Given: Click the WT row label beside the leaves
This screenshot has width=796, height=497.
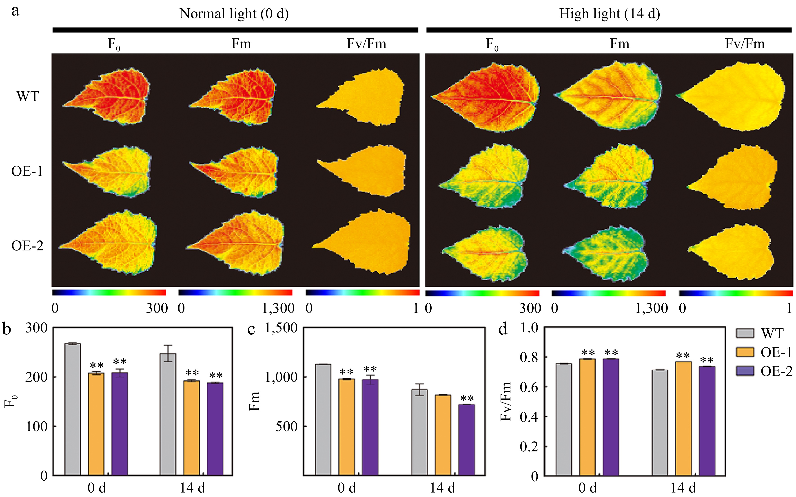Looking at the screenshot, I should click(x=28, y=96).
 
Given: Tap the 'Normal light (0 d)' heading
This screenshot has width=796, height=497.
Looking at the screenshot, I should click(x=234, y=14).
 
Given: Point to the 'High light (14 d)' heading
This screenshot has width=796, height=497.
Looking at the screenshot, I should click(x=610, y=14).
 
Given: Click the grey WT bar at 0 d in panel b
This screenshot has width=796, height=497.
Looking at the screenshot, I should click(x=73, y=409).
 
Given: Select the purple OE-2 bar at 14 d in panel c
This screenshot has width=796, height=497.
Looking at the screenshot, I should click(x=467, y=440).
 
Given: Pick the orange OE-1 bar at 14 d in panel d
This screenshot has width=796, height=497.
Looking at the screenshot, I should click(x=684, y=418).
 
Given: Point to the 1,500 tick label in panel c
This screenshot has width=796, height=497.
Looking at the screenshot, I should click(x=281, y=328).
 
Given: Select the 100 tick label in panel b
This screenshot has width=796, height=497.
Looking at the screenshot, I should click(x=36, y=426).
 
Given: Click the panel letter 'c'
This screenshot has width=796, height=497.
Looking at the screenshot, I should click(x=251, y=329).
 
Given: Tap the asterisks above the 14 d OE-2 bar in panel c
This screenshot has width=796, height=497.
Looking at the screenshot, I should click(x=467, y=399).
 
